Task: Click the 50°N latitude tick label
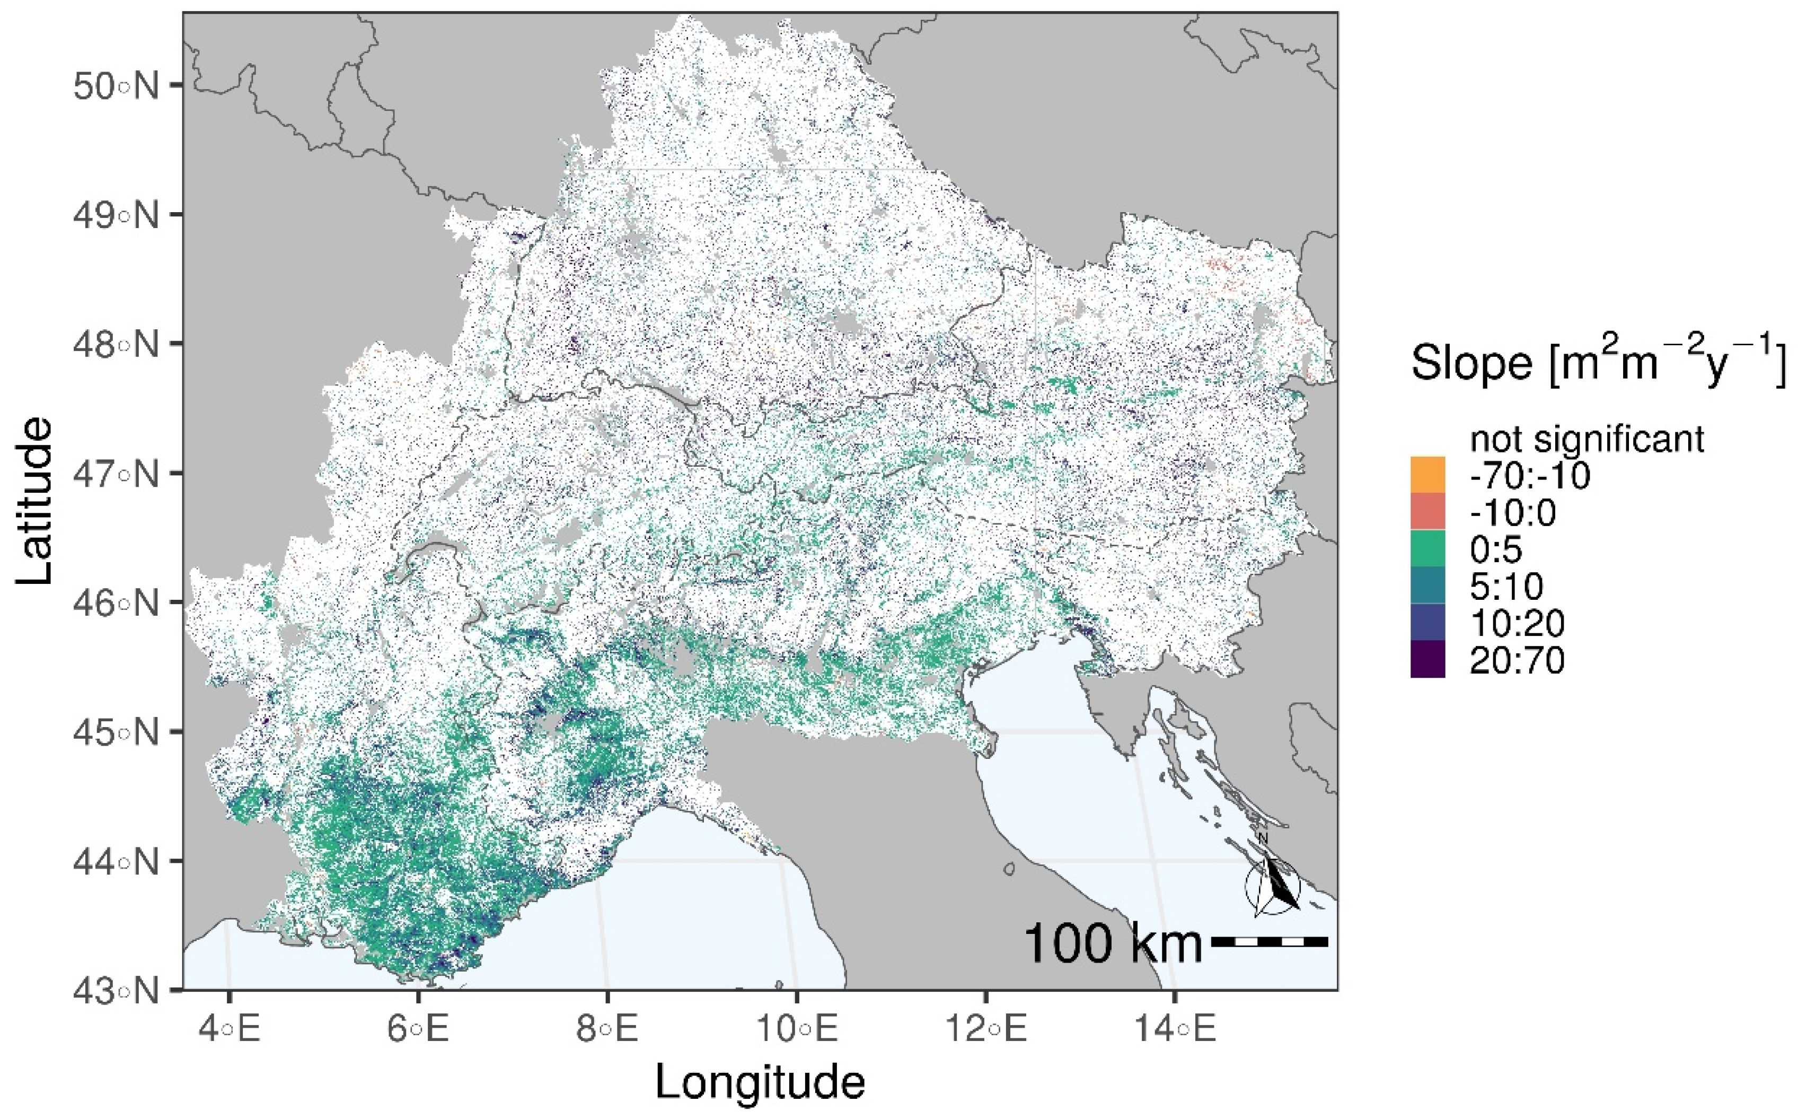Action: pyautogui.click(x=116, y=86)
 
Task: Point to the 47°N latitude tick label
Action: pyautogui.click(x=116, y=474)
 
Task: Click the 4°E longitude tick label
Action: pyautogui.click(x=230, y=1030)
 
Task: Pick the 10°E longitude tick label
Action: pyautogui.click(x=797, y=1030)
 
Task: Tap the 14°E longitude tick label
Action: pyautogui.click(x=1175, y=1030)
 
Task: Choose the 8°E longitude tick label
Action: pyautogui.click(x=607, y=1030)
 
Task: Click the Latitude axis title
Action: pyautogui.click(x=36, y=501)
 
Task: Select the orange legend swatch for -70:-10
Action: pyautogui.click(x=1427, y=475)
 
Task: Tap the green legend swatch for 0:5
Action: pyautogui.click(x=1427, y=549)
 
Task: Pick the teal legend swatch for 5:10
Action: pyautogui.click(x=1427, y=586)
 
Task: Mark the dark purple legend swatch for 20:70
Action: pyautogui.click(x=1427, y=659)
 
